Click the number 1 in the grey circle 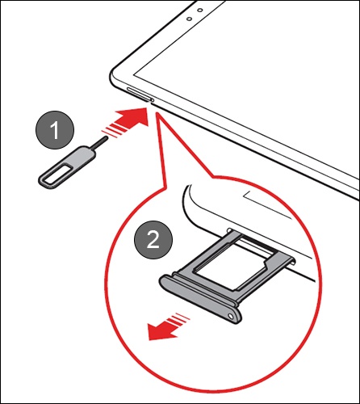(55, 130)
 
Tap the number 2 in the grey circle (153, 240)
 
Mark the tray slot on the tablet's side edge (138, 95)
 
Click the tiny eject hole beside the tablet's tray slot (153, 100)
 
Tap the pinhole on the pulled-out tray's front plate (230, 316)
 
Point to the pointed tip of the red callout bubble (157, 112)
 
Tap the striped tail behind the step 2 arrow (179, 320)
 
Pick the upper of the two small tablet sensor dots (200, 11)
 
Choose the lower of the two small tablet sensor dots (190, 19)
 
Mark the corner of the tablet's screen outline (134, 74)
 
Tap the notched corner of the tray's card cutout (265, 262)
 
